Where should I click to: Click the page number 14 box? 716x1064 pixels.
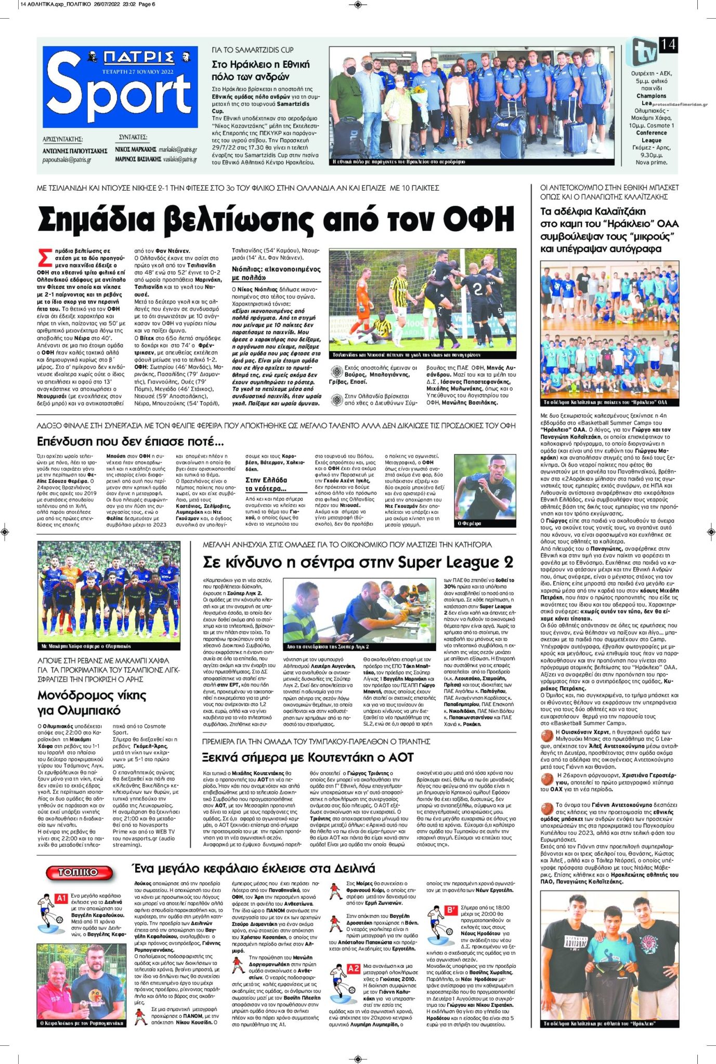click(x=668, y=45)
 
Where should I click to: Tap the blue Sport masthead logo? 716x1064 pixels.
click(x=120, y=87)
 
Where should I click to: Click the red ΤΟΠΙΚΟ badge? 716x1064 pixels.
click(x=79, y=872)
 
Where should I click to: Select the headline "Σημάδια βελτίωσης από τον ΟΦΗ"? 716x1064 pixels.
click(x=276, y=220)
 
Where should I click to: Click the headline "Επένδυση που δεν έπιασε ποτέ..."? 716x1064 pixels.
click(x=131, y=442)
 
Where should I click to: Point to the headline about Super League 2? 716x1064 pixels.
click(x=358, y=562)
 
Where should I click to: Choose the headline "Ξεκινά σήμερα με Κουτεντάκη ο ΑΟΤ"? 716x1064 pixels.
click(x=308, y=757)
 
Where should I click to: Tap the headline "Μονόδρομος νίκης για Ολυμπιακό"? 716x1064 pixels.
click(x=92, y=702)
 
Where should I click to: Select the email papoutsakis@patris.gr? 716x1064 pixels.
click(x=67, y=160)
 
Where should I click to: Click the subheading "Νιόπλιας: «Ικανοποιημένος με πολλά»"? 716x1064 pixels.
click(x=276, y=273)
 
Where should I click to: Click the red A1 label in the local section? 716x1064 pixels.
click(x=61, y=898)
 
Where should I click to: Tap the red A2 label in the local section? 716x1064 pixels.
click(x=354, y=969)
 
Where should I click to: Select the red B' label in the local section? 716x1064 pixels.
click(x=451, y=910)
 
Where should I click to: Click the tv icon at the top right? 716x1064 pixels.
click(x=643, y=51)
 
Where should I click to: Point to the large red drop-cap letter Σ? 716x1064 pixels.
click(x=46, y=258)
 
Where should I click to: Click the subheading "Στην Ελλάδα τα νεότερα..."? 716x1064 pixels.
click(x=266, y=484)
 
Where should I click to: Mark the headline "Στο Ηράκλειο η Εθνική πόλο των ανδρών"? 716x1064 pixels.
click(x=261, y=70)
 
